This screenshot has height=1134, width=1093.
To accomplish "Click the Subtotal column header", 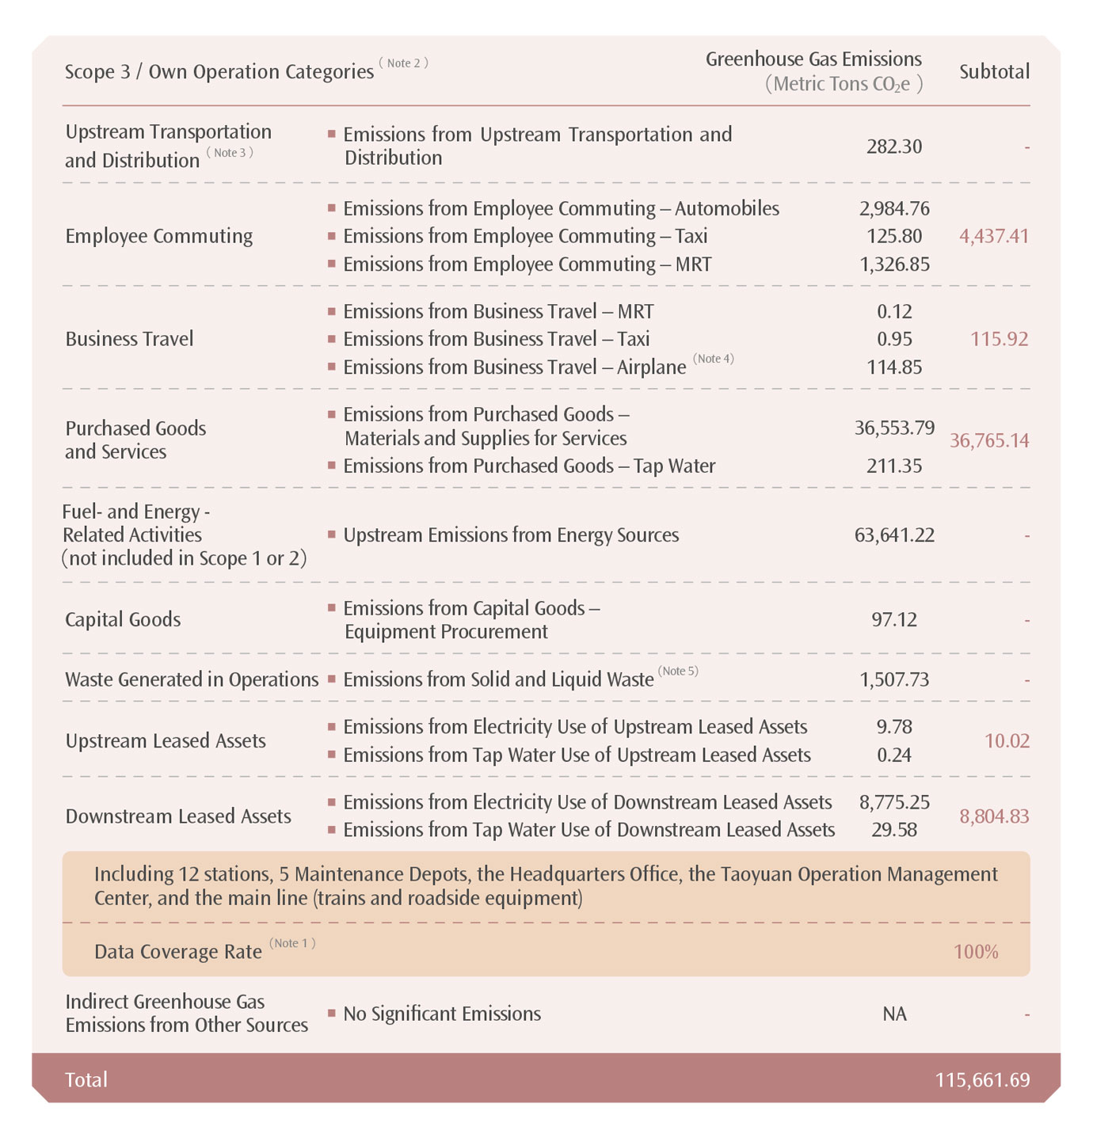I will [x=994, y=72].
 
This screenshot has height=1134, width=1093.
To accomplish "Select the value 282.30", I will [x=894, y=147].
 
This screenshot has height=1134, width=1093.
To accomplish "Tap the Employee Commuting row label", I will [x=159, y=236].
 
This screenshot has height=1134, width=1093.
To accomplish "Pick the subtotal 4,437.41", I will [x=994, y=236].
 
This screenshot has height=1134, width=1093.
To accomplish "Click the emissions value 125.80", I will [x=894, y=236].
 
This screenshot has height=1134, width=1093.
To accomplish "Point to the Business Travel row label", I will [x=129, y=339].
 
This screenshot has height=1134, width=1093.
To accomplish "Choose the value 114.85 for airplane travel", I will [x=894, y=367].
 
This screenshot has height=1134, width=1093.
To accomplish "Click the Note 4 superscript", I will [x=714, y=359].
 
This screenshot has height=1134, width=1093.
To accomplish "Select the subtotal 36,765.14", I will [x=989, y=440].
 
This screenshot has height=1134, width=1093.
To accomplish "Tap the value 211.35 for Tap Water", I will [x=894, y=466].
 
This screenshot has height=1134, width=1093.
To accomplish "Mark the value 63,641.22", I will [x=894, y=535].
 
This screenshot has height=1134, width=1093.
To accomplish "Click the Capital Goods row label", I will [x=123, y=619].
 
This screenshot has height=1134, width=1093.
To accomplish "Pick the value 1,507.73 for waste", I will [x=894, y=679].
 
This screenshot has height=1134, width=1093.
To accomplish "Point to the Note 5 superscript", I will [x=678, y=672].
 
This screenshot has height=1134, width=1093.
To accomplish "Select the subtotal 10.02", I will [x=1007, y=741].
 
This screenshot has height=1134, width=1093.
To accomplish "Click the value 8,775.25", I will [x=894, y=802].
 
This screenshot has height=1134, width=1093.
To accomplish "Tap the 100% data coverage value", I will [x=976, y=952].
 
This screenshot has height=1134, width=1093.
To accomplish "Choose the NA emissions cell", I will [x=894, y=1014].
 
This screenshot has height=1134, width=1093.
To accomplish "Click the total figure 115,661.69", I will [x=982, y=1080].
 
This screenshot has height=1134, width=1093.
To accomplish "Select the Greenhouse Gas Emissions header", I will [x=813, y=59].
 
